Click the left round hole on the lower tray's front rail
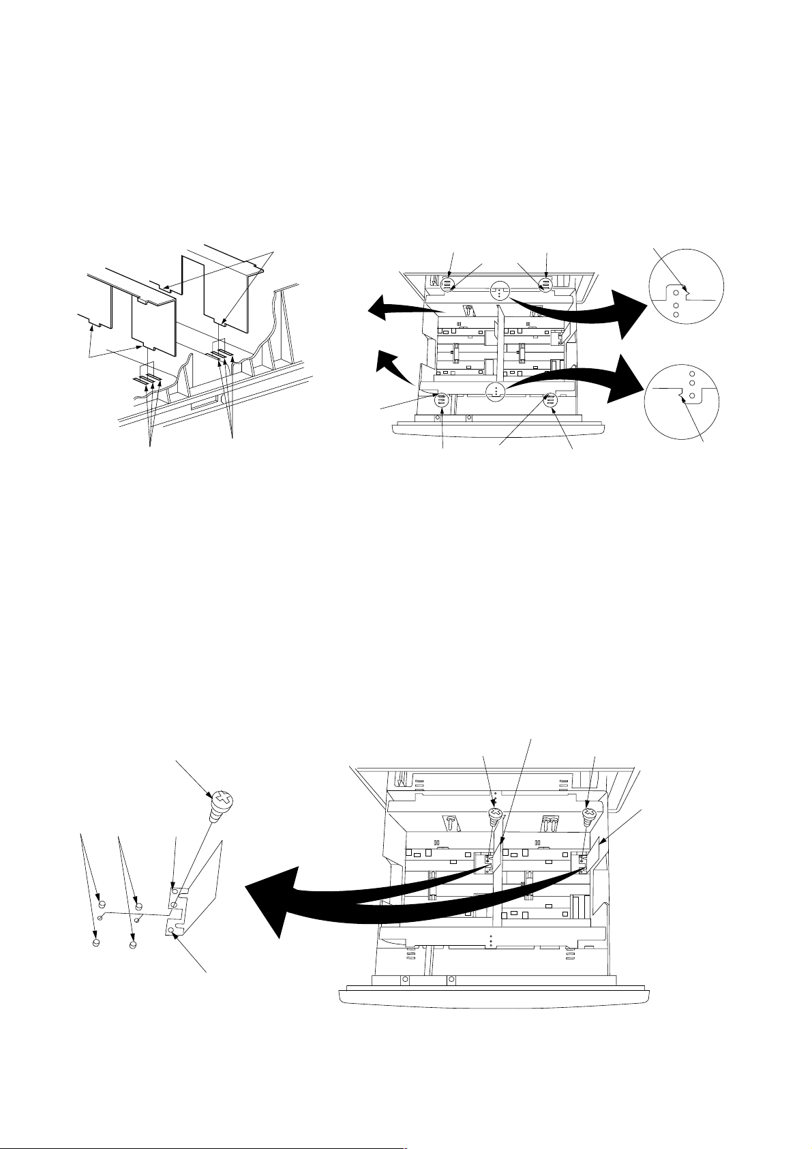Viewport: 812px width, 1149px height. coord(404,980)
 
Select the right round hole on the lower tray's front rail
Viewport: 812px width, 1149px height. coord(449,980)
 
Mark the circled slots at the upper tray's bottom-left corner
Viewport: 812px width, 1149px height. coord(441,401)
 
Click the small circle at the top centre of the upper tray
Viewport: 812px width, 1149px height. coord(500,291)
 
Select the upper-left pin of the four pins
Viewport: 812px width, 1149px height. coord(102,905)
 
